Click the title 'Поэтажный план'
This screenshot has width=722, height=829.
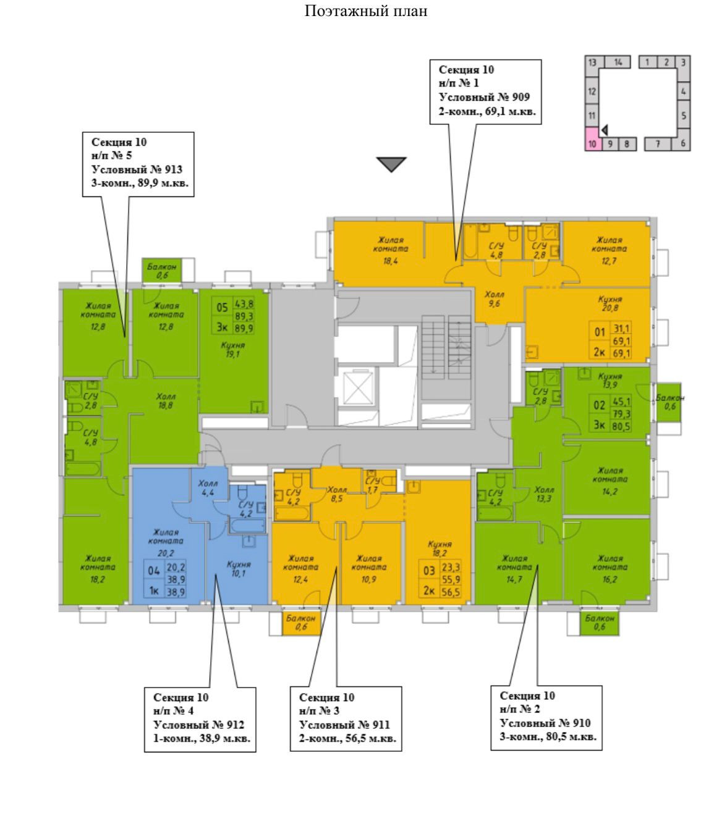[x=367, y=11]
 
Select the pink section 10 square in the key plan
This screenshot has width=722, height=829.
[x=592, y=138]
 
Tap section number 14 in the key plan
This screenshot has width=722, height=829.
[x=618, y=62]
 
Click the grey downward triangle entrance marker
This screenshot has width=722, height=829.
[x=392, y=164]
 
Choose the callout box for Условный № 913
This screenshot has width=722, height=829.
[x=138, y=163]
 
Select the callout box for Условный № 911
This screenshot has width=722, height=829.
[x=346, y=718]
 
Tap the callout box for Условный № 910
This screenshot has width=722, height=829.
[x=546, y=717]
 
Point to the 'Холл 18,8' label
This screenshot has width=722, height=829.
[x=165, y=401]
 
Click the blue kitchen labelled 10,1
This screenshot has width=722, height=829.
[x=239, y=568]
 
